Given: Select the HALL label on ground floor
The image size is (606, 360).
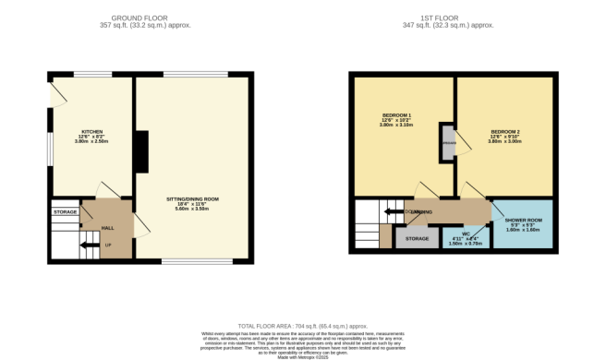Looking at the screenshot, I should [107, 227].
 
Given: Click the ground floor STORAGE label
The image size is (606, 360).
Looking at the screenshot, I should [65, 211].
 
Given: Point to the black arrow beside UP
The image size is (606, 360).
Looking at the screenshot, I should [88, 245].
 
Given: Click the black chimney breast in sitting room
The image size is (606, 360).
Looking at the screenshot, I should [141, 151].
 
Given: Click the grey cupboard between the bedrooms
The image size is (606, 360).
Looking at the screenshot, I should [448, 143].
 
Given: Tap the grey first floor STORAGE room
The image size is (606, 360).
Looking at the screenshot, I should [417, 238].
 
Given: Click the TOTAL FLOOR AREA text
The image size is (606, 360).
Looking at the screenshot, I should [303, 326].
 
